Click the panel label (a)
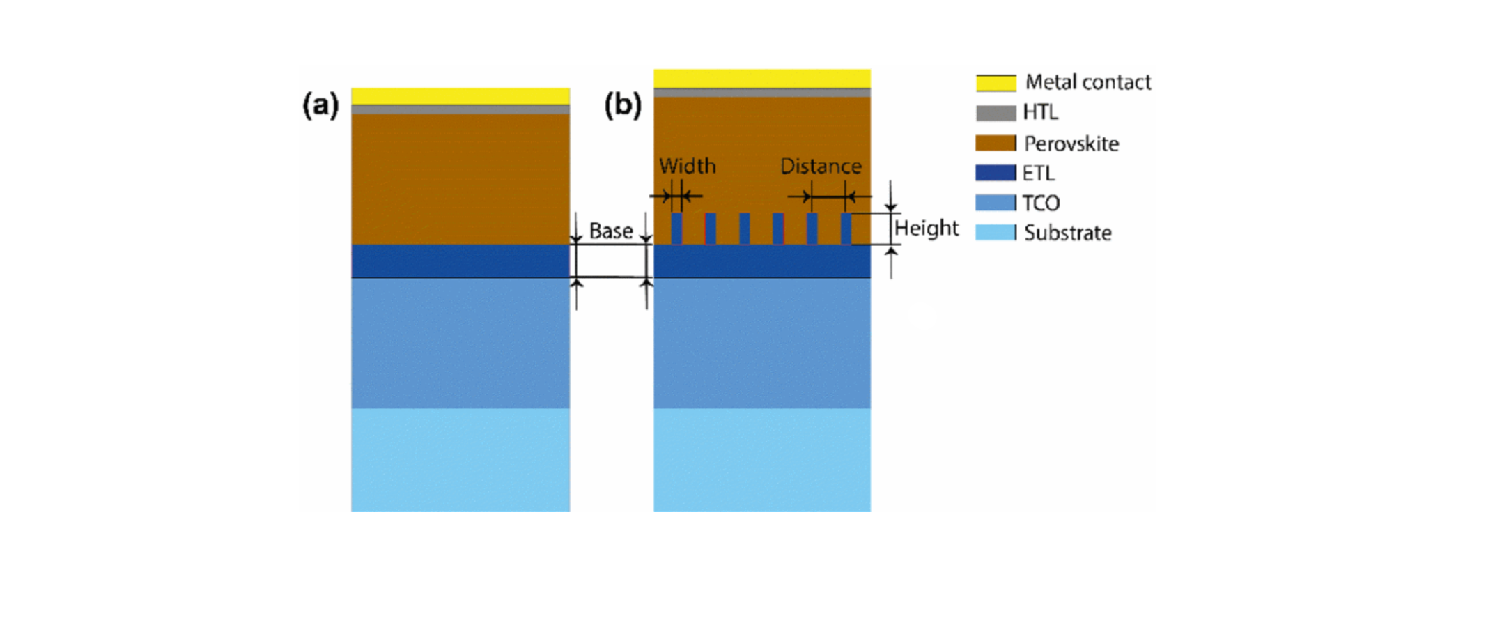click(x=320, y=105)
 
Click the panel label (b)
click(x=622, y=105)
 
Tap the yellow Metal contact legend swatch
click(x=996, y=83)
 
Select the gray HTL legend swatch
click(x=996, y=113)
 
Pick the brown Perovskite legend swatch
click(x=996, y=144)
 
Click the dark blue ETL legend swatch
click(x=996, y=173)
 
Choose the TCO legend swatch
click(x=996, y=203)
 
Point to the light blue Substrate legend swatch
click(x=996, y=233)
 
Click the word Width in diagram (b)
click(x=687, y=166)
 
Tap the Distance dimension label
click(x=821, y=166)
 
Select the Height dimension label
click(x=926, y=228)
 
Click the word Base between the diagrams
click(x=611, y=231)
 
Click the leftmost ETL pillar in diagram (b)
click(x=676, y=229)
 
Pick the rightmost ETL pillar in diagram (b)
click(x=846, y=229)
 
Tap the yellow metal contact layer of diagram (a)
click(x=460, y=96)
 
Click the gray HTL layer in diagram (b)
click(x=761, y=93)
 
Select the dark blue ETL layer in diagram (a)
click(x=460, y=261)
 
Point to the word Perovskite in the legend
click(x=1071, y=144)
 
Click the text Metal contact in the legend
click(x=1088, y=82)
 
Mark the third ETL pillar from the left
click(x=744, y=229)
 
